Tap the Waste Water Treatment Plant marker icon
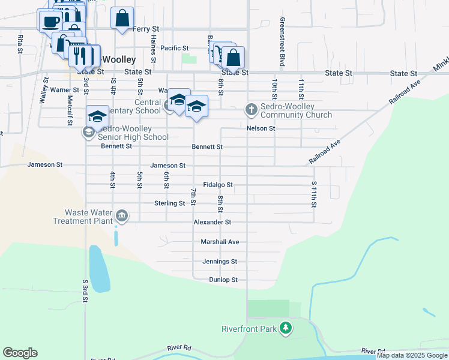[x=122, y=216]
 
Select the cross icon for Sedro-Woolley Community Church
[x=250, y=109]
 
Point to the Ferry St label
[x=146, y=29]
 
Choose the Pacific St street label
[x=175, y=48]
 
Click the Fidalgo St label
[x=217, y=185]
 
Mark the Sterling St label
[x=169, y=203]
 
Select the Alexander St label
[x=212, y=222]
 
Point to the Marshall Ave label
[x=220, y=242]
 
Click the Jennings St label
[x=219, y=262]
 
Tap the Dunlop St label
[x=223, y=280]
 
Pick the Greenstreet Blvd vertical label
[x=281, y=42]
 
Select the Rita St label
[x=20, y=44]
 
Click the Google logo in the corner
[x=20, y=353]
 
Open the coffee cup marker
[x=51, y=20]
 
